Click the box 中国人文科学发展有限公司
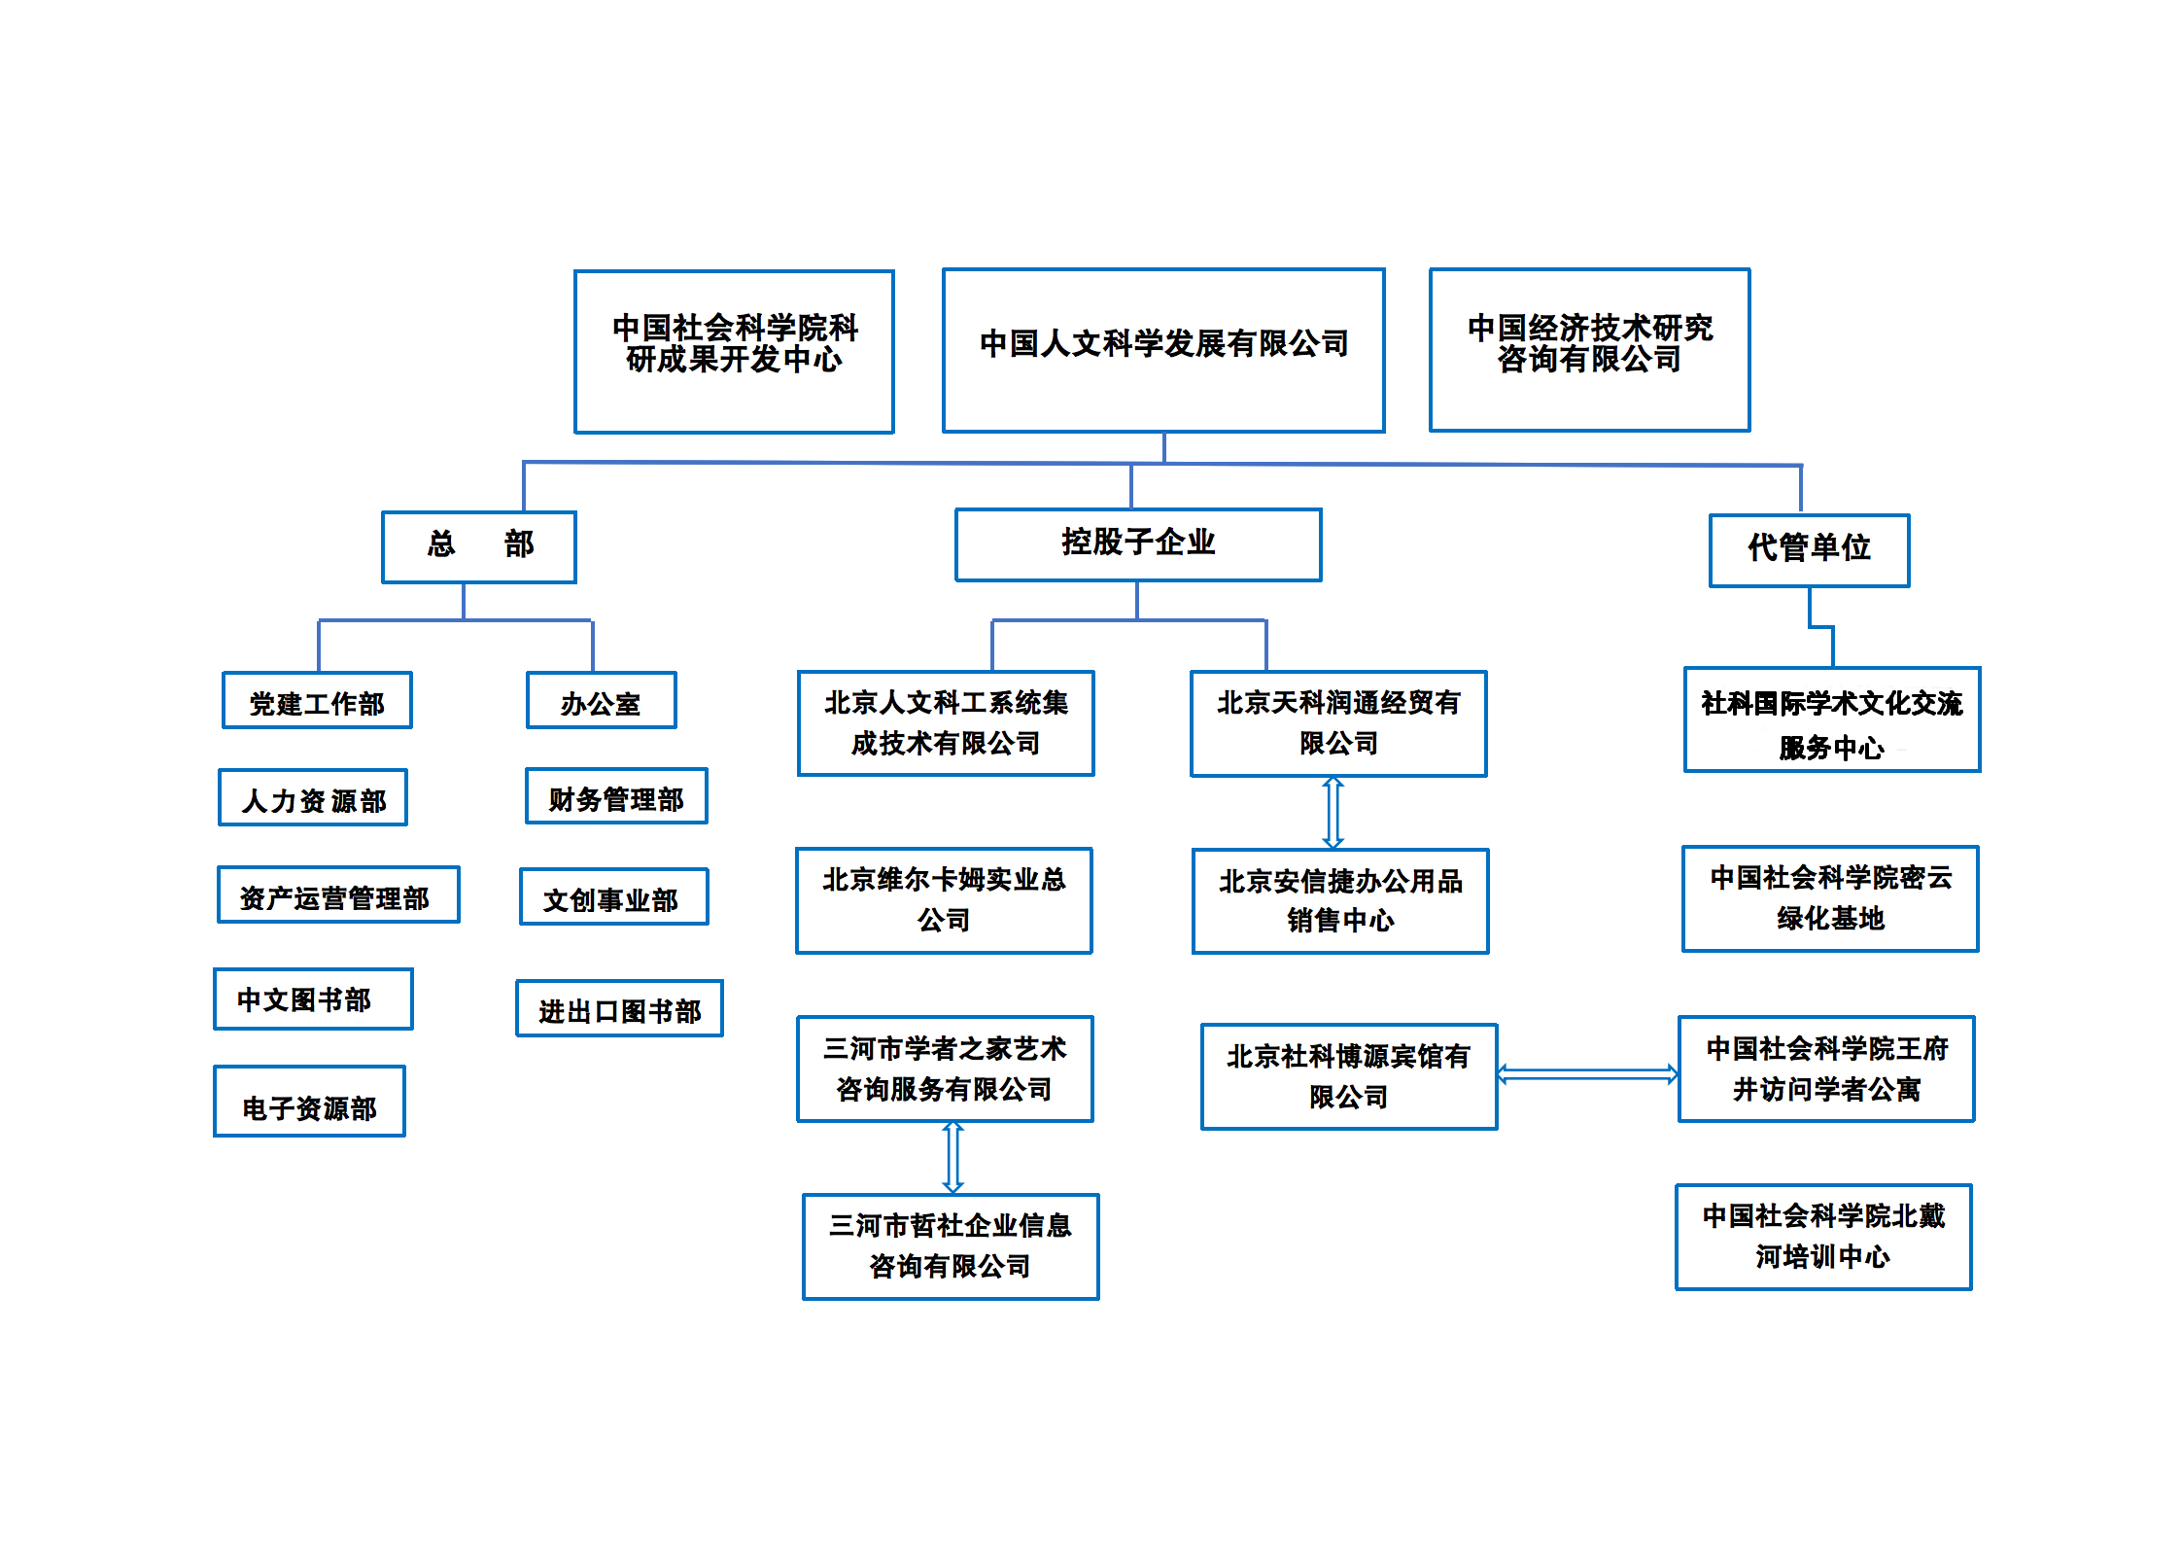1163,350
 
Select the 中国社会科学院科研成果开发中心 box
734,351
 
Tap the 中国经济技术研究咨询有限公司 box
1589,349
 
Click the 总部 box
479,546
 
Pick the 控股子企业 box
1138,544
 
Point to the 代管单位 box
1810,550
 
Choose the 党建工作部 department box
317,700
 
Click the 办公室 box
602,700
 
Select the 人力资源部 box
313,797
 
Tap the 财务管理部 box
616,796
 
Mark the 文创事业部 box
614,896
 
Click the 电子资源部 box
309,1101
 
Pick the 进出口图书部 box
619,1008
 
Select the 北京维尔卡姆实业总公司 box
944,900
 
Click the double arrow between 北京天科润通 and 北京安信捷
1333,813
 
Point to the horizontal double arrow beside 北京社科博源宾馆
1587,1074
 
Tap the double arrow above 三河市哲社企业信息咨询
953,1157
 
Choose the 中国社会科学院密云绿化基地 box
1830,898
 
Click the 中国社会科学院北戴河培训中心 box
1823,1237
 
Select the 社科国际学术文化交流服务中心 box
1832,719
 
